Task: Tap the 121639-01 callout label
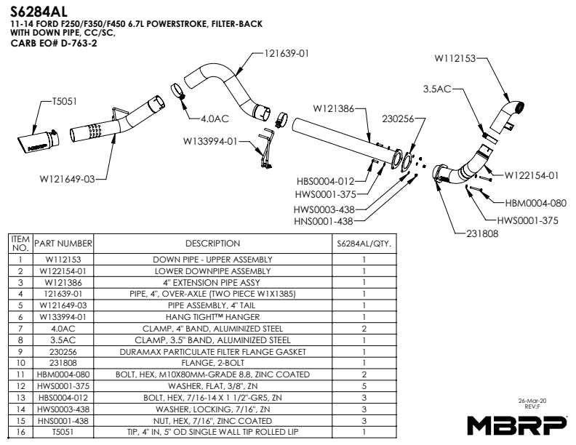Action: coord(287,53)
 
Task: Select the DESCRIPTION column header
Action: coord(212,244)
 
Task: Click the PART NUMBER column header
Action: coord(63,244)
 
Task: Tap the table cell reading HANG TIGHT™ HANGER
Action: coord(212,317)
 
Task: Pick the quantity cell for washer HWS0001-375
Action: coord(364,386)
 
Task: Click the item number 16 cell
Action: coord(21,432)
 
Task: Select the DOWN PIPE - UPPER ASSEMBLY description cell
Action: coord(212,259)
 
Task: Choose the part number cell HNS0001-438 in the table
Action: coord(63,421)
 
